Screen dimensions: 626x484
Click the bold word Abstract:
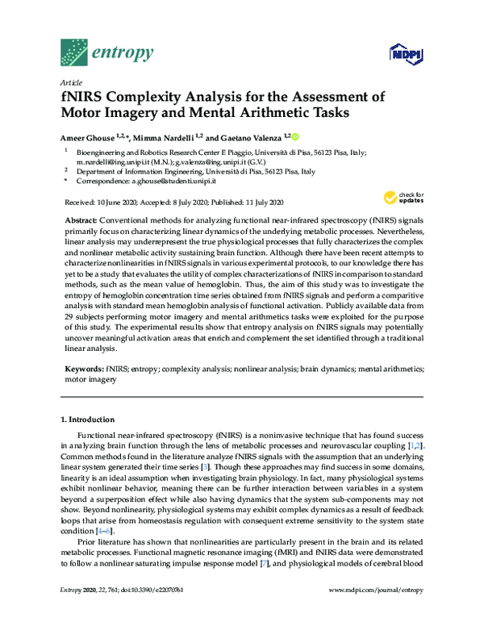(82, 220)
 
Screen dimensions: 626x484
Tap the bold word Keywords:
(84, 366)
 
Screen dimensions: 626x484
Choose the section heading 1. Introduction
(89, 419)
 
